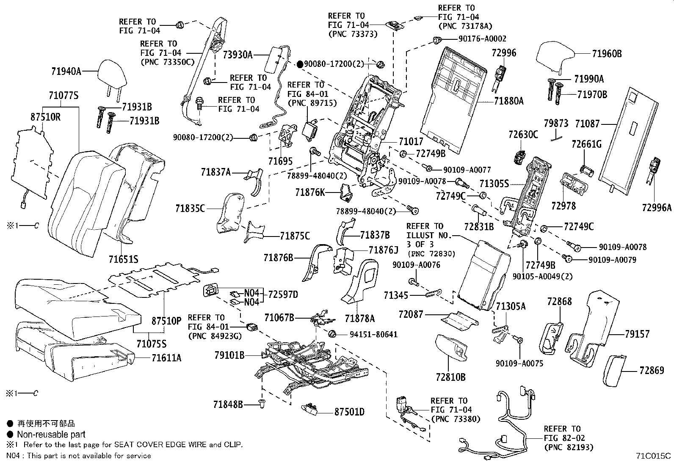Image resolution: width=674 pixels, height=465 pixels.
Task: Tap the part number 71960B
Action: coord(607,54)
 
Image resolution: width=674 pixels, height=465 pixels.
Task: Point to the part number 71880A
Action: coord(508,101)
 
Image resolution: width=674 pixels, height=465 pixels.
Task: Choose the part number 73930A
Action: coord(238,55)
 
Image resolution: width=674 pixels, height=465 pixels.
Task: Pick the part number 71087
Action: coord(587,124)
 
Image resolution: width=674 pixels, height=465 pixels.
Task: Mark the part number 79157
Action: coord(637,334)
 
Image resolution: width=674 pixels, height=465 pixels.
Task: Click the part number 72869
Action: coord(652,371)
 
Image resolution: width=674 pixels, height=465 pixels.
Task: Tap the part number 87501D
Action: coord(349,412)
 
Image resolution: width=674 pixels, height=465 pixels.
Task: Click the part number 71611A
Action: coord(166,358)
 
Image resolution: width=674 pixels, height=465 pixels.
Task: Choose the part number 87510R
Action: coord(45,117)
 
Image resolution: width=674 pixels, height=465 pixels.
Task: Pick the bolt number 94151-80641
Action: coord(373,334)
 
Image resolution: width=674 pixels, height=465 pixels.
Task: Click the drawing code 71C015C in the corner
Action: coord(653,456)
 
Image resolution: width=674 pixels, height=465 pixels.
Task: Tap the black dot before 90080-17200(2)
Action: coord(300,64)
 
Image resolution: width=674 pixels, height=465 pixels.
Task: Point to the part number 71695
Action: coord(280,161)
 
